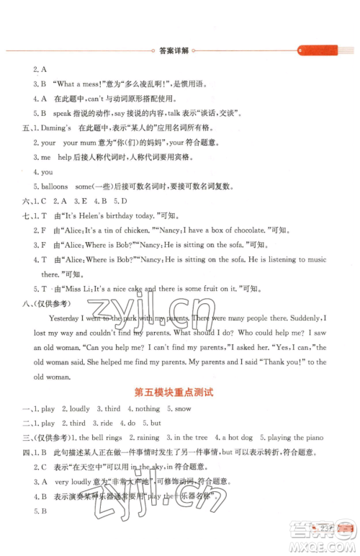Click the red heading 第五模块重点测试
click(x=179, y=393)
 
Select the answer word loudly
click(x=73, y=408)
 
